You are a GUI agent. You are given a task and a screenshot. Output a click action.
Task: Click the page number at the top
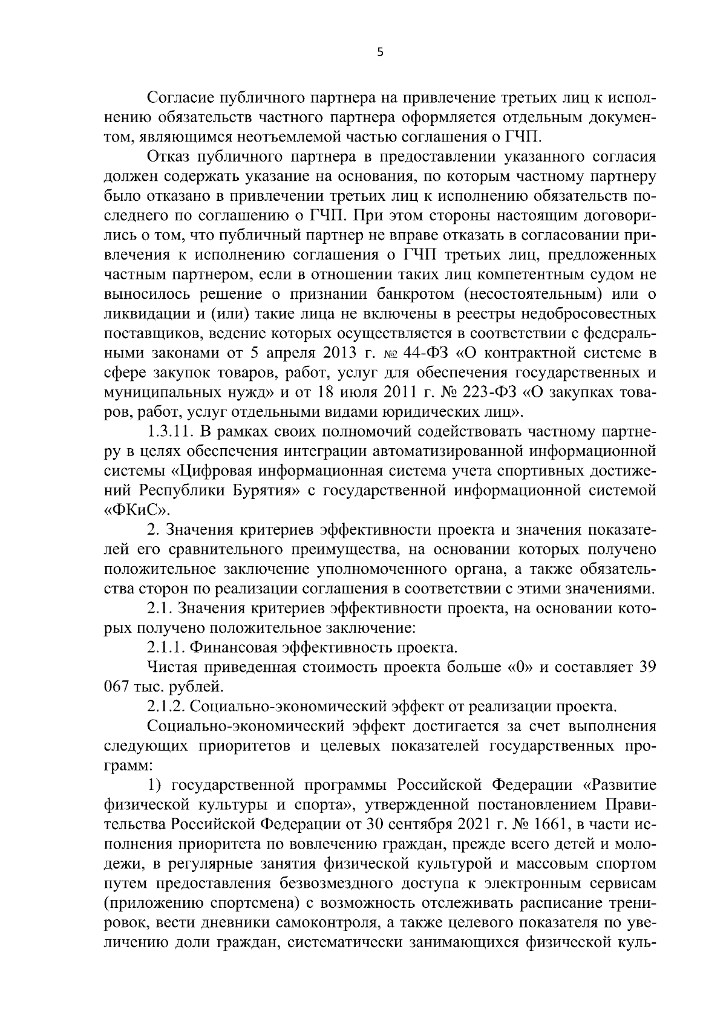click(380, 53)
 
